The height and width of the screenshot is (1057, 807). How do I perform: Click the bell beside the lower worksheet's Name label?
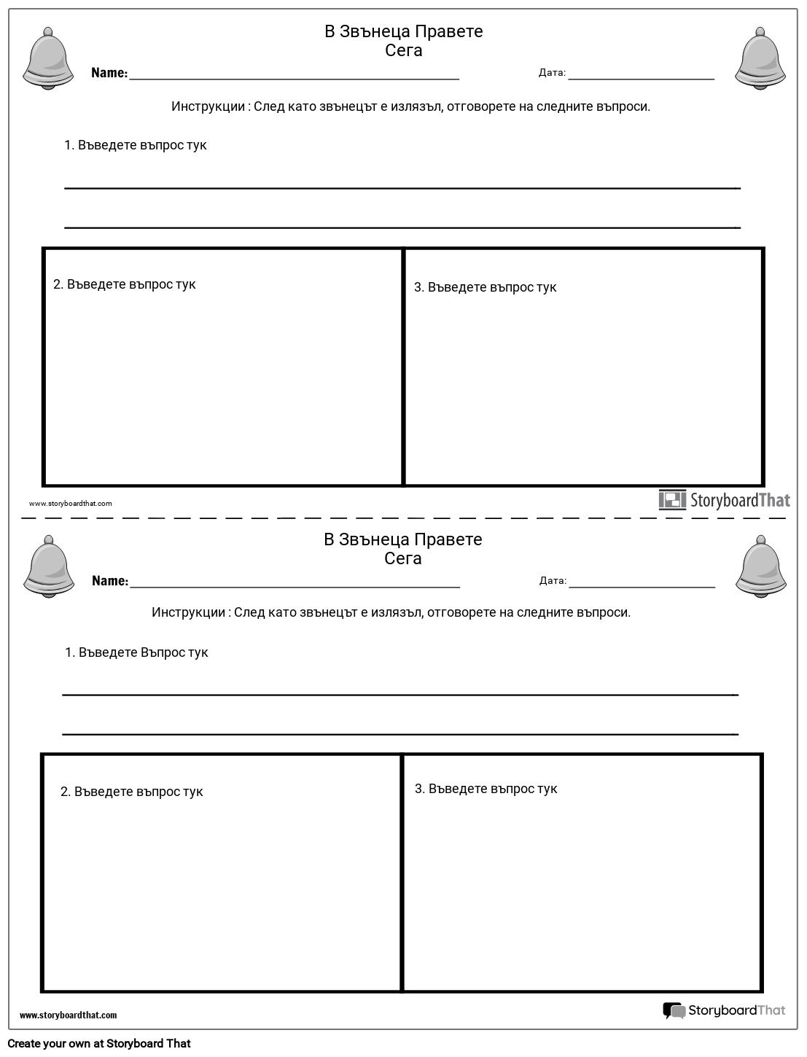[49, 566]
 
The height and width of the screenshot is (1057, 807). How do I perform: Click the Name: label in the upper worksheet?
[109, 73]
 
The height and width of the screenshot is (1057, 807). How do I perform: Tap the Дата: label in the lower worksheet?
[553, 581]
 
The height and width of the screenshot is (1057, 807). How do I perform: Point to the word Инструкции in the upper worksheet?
[208, 106]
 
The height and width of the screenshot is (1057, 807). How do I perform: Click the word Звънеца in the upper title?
[375, 31]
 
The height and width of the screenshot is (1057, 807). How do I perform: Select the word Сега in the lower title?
[403, 558]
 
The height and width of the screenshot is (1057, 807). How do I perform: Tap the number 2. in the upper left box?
[58, 284]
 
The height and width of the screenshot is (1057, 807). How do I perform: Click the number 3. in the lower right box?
[420, 789]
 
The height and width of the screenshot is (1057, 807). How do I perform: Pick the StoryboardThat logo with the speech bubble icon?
[724, 1010]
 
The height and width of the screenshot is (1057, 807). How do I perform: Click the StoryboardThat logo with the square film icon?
[724, 500]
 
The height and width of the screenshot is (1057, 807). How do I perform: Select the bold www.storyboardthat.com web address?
[68, 1015]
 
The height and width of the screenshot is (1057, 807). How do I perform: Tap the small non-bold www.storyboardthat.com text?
[71, 504]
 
